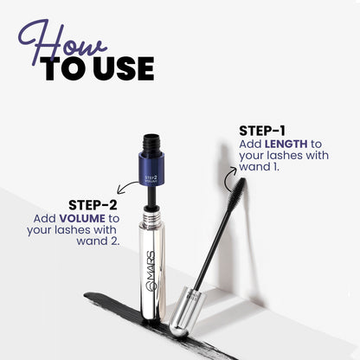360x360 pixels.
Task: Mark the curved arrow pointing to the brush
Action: tap(229, 178)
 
